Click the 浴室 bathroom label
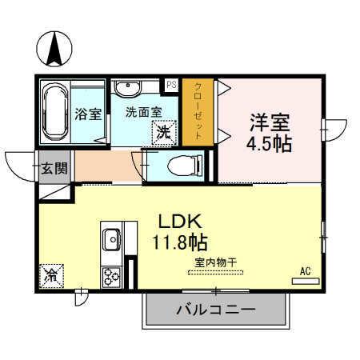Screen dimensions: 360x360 [88, 113]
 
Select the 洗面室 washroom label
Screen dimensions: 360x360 [143, 113]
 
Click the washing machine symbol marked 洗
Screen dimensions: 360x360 [162, 132]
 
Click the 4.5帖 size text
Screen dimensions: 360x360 [266, 145]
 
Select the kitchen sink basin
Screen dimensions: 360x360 [110, 238]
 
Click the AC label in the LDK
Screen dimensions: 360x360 [305, 271]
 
